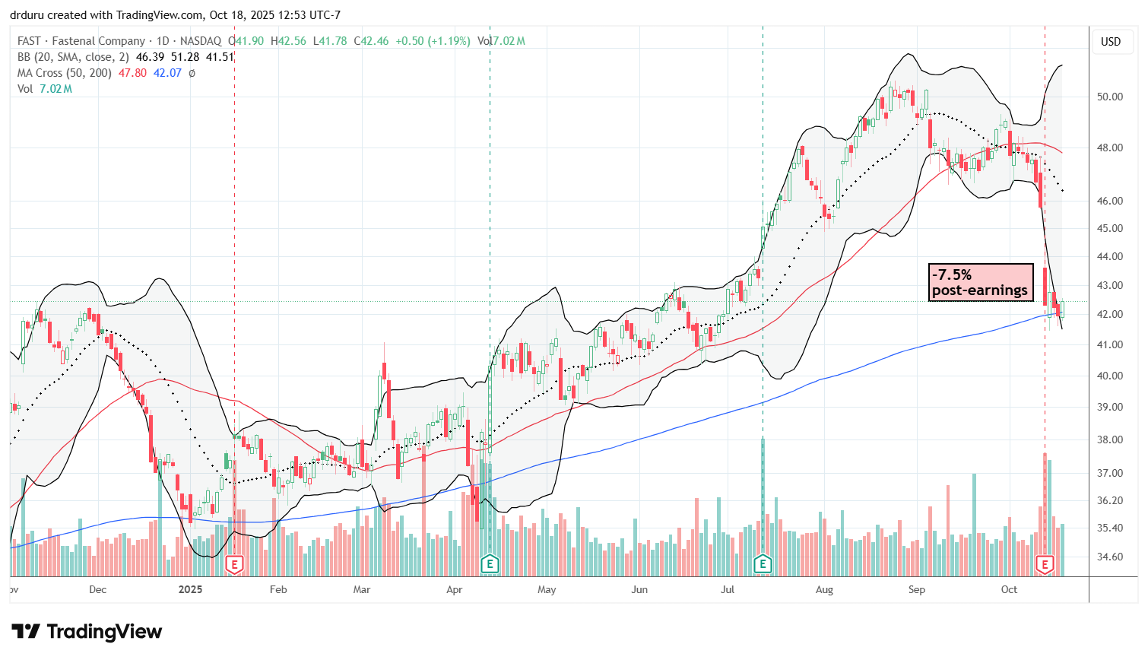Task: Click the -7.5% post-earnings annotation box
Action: pos(980,282)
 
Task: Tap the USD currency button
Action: pos(1111,42)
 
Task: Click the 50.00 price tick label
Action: pos(1111,97)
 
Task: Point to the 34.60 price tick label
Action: pos(1111,557)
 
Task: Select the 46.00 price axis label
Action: pos(1111,201)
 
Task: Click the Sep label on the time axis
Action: pos(916,589)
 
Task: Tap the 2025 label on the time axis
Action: pos(190,589)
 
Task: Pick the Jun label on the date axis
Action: pos(639,589)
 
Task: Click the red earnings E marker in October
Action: pos(1045,564)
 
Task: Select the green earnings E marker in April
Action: pos(490,564)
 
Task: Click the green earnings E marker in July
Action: pos(763,564)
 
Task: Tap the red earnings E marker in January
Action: pos(234,564)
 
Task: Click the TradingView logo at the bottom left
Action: pos(87,632)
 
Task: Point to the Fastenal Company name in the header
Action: pos(98,41)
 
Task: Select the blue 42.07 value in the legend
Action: pos(167,73)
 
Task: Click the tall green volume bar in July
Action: pos(763,506)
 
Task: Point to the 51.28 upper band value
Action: pos(186,57)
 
